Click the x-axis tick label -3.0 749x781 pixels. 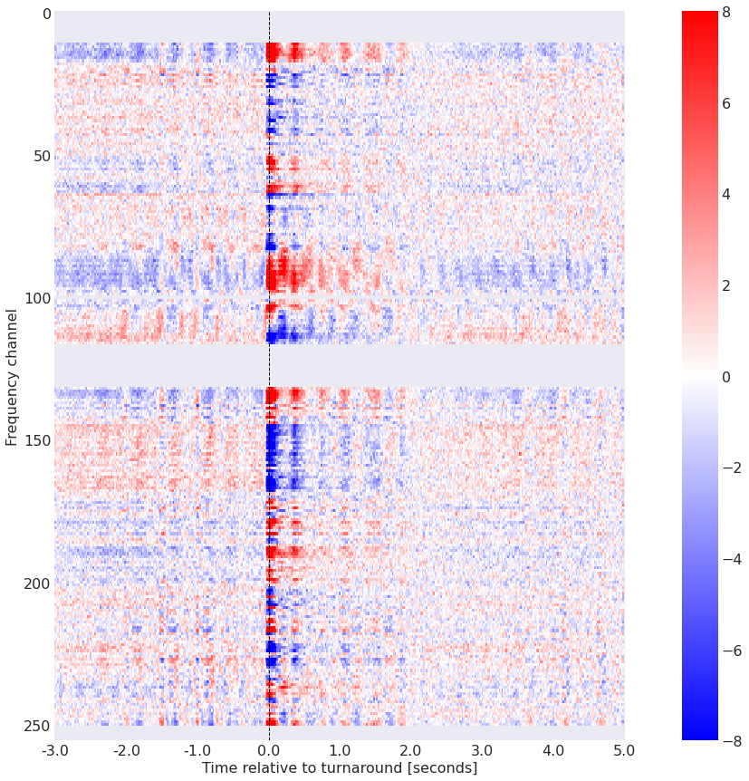[54, 751]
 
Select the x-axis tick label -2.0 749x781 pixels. [126, 751]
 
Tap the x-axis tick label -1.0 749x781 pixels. [197, 751]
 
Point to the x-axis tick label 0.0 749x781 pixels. [269, 751]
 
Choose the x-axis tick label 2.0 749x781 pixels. [411, 751]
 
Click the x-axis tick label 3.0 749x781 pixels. [482, 751]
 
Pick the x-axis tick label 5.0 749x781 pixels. [624, 751]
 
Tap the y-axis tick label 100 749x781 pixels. [34, 298]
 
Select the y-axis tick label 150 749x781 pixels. [34, 440]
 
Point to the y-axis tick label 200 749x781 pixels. [34, 583]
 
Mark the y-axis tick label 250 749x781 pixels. [34, 726]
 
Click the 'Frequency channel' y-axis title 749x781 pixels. [12, 376]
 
